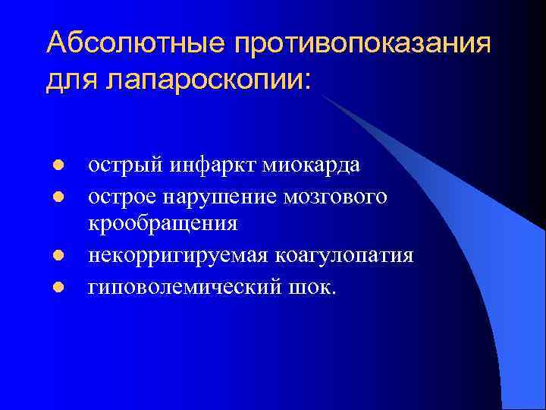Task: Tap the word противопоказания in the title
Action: [363, 43]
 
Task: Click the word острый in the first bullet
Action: [124, 166]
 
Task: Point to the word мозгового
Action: [337, 197]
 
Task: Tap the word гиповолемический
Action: [188, 288]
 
